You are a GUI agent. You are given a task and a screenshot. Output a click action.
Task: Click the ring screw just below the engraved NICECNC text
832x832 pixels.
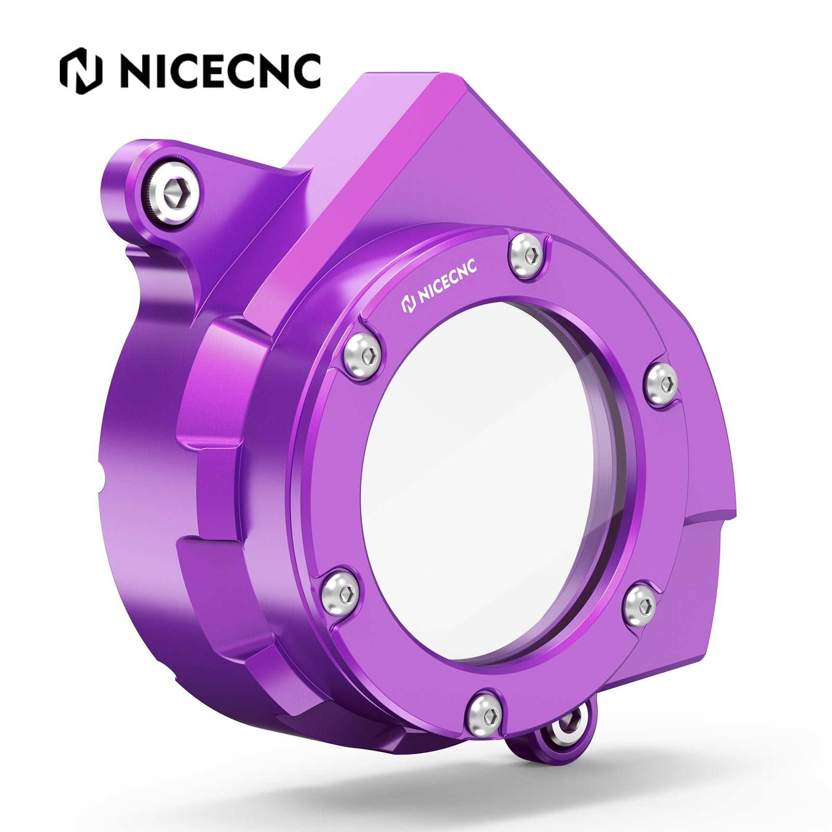[x=362, y=352]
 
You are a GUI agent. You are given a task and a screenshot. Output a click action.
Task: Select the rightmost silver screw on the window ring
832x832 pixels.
[x=662, y=383]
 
